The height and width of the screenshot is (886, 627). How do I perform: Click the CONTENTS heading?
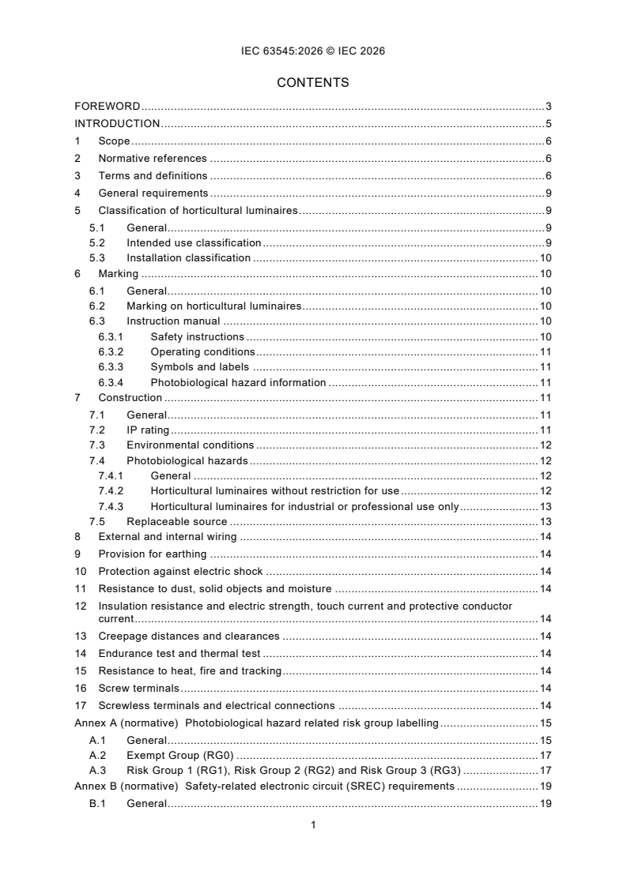[313, 82]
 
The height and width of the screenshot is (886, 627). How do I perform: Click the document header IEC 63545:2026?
[313, 51]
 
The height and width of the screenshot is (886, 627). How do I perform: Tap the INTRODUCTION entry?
[117, 124]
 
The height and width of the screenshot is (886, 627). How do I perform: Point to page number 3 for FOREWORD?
[548, 107]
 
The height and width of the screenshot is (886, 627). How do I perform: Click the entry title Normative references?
[153, 159]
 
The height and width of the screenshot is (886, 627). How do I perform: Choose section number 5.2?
[97, 243]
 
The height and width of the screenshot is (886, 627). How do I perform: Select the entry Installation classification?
[188, 258]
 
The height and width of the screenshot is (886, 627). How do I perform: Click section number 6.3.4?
[110, 383]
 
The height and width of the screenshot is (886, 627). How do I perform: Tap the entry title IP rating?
[148, 430]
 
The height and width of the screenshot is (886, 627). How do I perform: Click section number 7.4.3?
[110, 507]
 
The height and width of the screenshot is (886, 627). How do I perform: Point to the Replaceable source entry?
[176, 522]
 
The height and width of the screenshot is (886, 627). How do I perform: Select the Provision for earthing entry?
[153, 554]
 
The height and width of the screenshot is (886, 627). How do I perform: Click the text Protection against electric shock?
[180, 572]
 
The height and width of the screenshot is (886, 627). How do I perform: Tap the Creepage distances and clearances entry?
[189, 636]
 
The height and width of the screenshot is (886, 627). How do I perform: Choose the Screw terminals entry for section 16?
[139, 689]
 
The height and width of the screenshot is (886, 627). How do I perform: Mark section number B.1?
[97, 804]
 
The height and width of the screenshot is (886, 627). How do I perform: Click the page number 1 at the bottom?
[314, 825]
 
